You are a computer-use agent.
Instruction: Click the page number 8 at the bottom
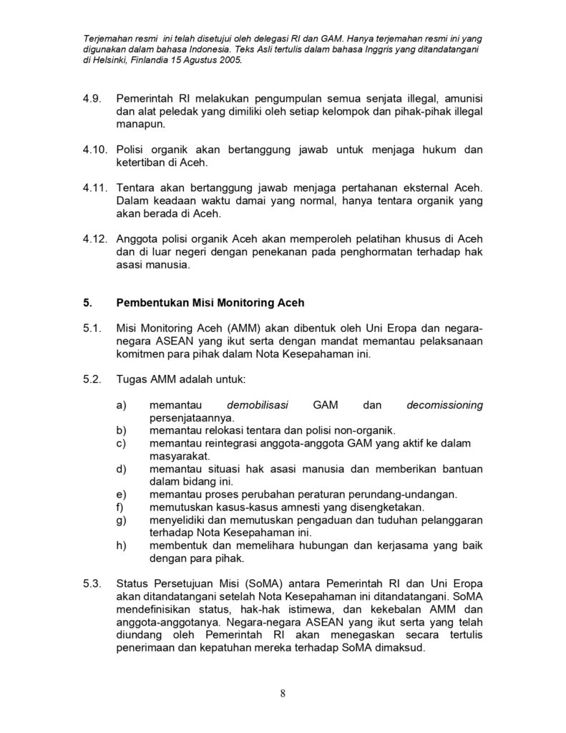pos(283,693)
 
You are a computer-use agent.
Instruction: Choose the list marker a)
pos(121,405)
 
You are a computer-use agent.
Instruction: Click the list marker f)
pos(119,508)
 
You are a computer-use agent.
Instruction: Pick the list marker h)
pos(121,545)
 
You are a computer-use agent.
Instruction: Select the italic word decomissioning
pos(444,405)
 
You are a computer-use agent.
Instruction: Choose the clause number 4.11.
pos(96,188)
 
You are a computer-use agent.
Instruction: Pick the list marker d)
pos(121,469)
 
